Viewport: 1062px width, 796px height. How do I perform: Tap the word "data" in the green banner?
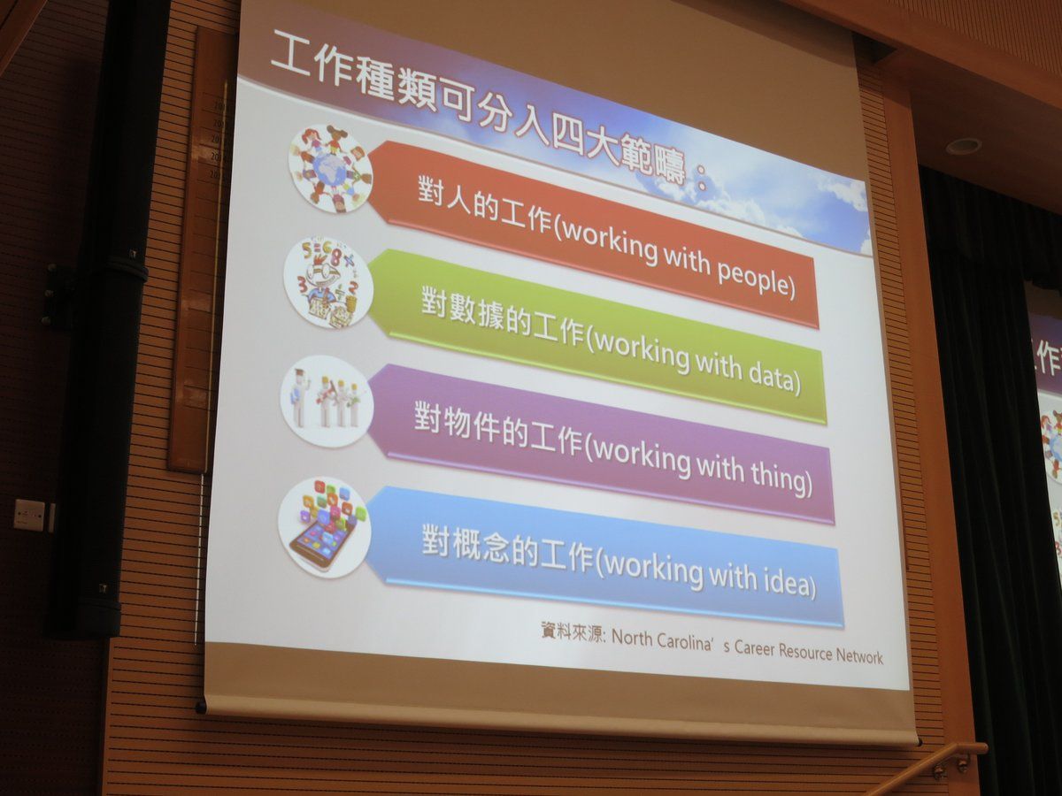(x=770, y=375)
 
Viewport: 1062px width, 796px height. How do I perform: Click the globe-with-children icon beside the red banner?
(x=330, y=169)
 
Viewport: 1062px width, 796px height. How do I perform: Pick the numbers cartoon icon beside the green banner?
(x=328, y=284)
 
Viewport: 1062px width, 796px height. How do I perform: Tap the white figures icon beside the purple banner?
(x=327, y=400)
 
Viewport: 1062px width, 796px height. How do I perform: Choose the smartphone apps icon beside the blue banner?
(x=324, y=527)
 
